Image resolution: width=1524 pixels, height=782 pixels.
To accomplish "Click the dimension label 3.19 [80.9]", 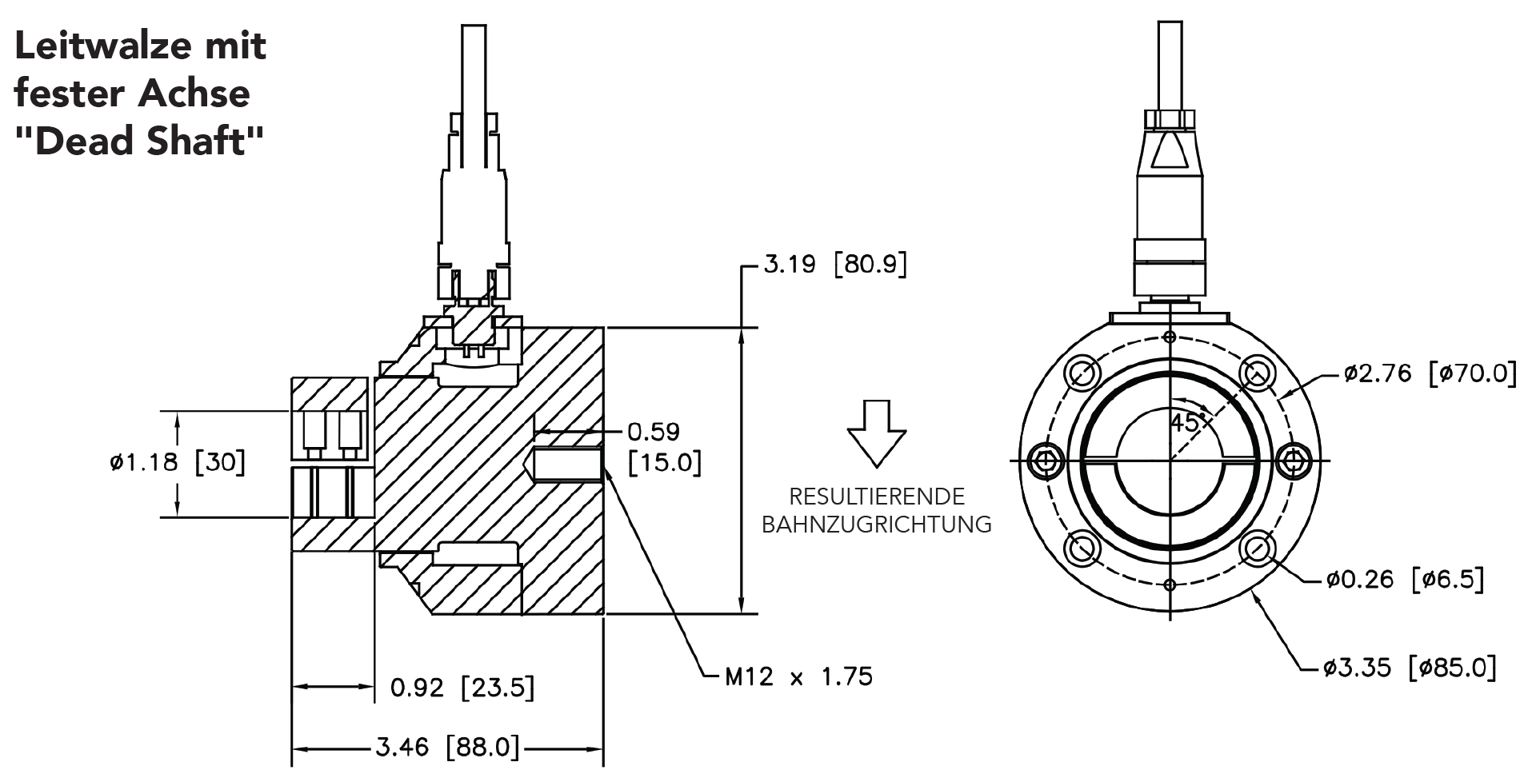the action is (x=835, y=264).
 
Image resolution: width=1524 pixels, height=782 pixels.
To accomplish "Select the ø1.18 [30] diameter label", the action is (x=178, y=462).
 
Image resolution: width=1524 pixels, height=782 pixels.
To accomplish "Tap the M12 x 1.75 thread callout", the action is (x=798, y=676).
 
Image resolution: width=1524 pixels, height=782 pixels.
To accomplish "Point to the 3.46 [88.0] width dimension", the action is (x=447, y=748).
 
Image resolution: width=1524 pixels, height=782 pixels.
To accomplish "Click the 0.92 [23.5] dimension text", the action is (x=462, y=687).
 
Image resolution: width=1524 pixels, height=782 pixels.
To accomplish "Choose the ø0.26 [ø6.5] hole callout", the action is (x=1405, y=579).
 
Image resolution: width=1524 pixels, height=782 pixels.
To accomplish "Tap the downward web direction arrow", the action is (x=877, y=433).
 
